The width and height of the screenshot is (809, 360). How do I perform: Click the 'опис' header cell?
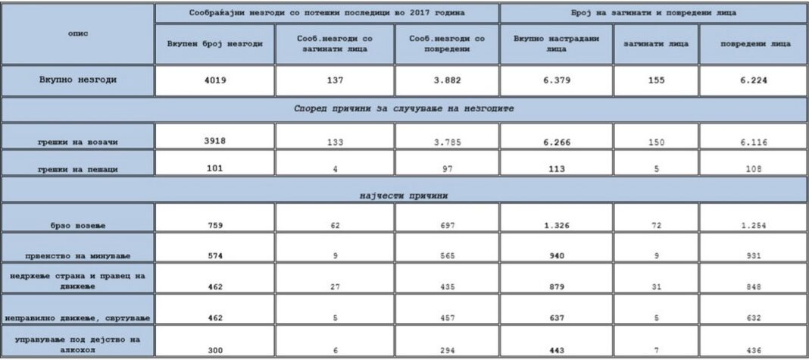77,34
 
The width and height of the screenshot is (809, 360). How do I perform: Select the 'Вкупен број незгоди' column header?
214,43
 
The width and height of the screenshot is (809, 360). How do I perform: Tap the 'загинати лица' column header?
655,43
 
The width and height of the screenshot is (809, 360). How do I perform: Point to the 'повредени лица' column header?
755,43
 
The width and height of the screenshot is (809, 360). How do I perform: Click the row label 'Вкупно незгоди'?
77,79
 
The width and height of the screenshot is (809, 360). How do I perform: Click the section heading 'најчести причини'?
404,196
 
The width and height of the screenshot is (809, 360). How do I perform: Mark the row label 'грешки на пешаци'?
77,170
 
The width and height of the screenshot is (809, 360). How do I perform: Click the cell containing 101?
214,168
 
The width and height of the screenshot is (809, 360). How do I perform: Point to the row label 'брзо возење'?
77,226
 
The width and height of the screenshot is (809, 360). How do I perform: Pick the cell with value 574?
214,256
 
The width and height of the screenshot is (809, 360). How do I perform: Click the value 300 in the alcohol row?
214,348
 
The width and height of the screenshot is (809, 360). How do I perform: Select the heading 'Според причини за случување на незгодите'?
404,108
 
